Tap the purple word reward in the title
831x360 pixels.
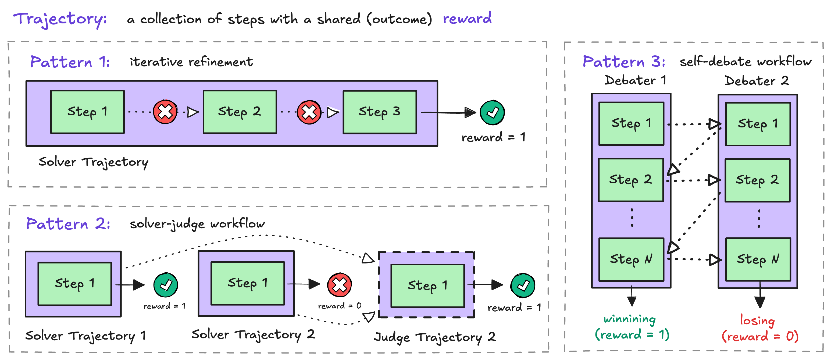[x=467, y=18]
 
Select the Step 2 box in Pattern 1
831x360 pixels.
[x=240, y=112]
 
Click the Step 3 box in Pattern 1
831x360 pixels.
[x=380, y=112]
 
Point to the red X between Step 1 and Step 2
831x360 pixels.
[x=165, y=112]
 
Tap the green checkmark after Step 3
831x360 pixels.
[x=492, y=113]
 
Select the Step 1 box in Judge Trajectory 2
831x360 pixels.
[x=427, y=286]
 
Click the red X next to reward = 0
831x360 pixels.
[x=339, y=285]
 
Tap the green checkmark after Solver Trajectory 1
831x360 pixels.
[x=166, y=285]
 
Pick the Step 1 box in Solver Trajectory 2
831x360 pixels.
[x=247, y=283]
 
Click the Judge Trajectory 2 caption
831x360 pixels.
[x=434, y=337]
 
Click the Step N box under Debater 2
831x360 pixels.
[x=758, y=259]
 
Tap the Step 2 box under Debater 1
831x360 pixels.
[x=631, y=180]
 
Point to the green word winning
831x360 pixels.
[x=629, y=319]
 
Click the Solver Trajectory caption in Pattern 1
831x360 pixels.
[x=93, y=162]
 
